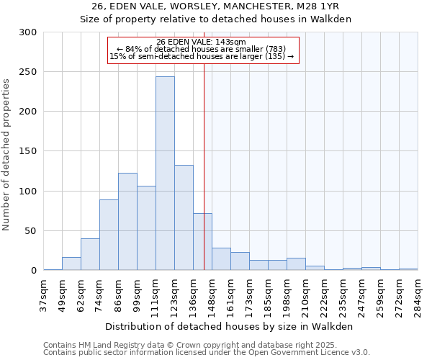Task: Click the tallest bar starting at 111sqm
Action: click(x=165, y=174)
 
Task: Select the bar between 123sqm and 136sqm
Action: click(x=184, y=217)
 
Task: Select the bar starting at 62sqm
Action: click(x=90, y=254)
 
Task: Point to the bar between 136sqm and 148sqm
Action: click(x=202, y=242)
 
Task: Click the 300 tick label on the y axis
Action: click(x=28, y=32)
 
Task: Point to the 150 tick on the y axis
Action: click(x=28, y=151)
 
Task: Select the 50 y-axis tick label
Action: click(x=31, y=231)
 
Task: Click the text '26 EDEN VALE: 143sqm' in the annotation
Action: click(x=201, y=42)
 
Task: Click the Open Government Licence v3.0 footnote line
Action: click(x=207, y=352)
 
